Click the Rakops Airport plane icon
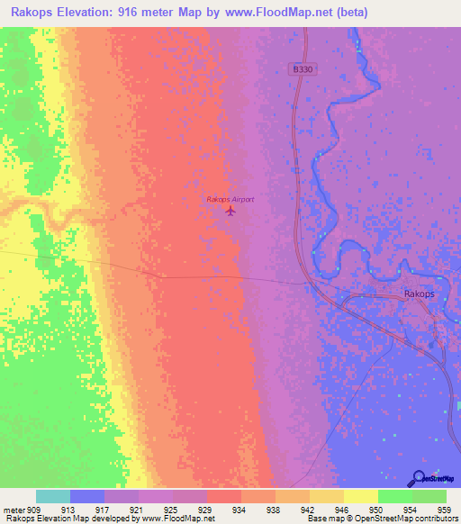(x=230, y=212)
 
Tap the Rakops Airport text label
(x=230, y=199)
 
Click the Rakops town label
(x=420, y=294)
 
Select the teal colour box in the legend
(x=53, y=496)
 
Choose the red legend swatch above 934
(x=224, y=496)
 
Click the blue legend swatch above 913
(x=87, y=496)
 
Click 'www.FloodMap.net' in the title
(x=276, y=14)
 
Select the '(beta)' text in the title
(x=360, y=14)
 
